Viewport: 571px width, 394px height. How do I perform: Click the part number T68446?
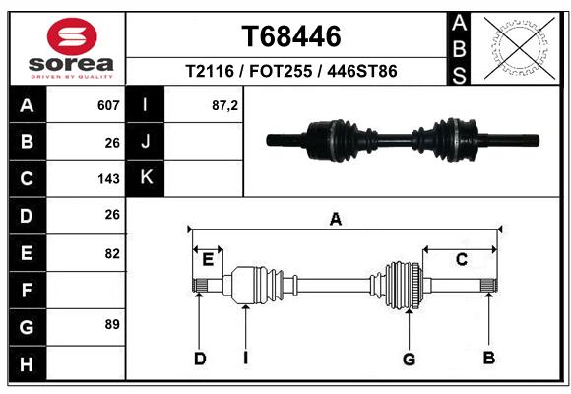coord(291,36)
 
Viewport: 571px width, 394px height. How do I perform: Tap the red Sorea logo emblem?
coord(72,36)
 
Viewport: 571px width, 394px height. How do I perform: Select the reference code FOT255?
coord(281,71)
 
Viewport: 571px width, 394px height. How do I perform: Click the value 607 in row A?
coord(108,105)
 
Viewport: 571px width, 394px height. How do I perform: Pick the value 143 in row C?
coord(108,179)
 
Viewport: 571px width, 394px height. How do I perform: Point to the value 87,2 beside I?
coord(224,105)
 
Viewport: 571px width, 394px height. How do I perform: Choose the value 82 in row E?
coord(112,253)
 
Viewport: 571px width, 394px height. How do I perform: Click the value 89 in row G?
coord(112,324)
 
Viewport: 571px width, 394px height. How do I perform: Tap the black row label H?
coord(28,363)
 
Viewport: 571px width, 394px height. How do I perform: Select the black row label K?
coord(146,178)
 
